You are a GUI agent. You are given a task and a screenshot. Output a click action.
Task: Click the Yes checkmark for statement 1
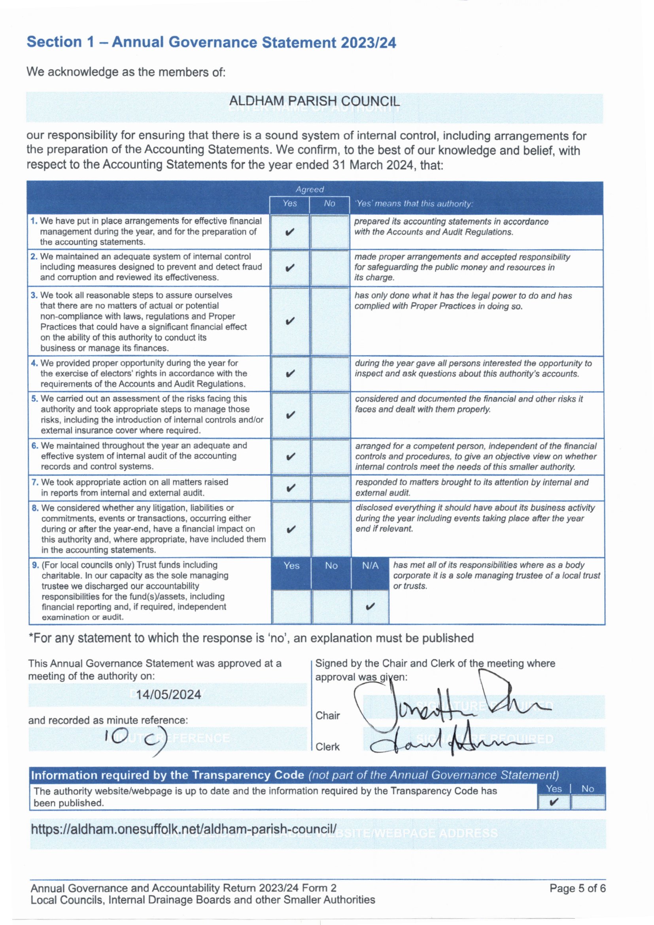click(289, 233)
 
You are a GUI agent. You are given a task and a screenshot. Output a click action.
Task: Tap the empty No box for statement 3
click(330, 321)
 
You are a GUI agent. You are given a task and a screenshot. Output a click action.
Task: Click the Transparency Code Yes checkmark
click(554, 802)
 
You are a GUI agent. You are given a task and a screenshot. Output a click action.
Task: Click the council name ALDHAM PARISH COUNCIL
click(314, 101)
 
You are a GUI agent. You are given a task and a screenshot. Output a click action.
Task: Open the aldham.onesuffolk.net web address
click(183, 829)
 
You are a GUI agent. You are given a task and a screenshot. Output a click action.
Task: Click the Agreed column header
click(309, 190)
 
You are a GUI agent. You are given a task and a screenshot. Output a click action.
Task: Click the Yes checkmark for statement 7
click(290, 488)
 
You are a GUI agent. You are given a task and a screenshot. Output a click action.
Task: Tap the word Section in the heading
click(54, 42)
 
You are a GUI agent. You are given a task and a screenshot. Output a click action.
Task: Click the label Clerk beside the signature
click(327, 747)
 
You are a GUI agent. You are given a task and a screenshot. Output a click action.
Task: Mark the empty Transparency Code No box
click(588, 802)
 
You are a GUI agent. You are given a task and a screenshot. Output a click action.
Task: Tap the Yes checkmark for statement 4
click(289, 374)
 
